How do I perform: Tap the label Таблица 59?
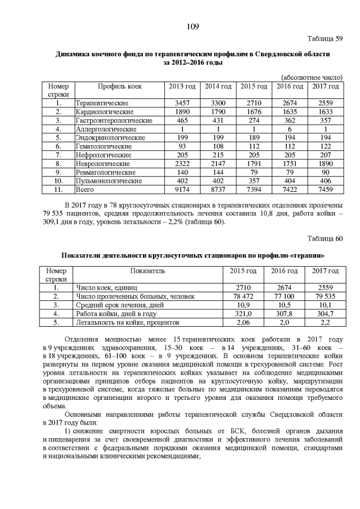tap(324, 39)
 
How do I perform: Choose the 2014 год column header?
tap(218, 86)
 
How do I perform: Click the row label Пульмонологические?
tap(104, 182)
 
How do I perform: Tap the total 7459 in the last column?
tap(325, 191)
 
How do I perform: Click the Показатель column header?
tap(148, 271)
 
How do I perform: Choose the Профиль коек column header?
tap(119, 86)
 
